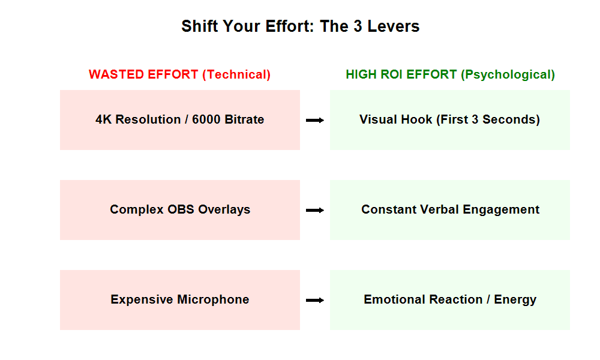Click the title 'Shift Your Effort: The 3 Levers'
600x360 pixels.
pyautogui.click(x=300, y=27)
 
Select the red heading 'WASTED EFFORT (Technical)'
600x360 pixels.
pyautogui.click(x=179, y=74)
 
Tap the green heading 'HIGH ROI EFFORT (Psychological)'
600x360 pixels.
pyautogui.click(x=450, y=74)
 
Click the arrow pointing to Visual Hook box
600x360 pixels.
pyautogui.click(x=315, y=121)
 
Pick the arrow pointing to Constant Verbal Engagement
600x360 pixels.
pyautogui.click(x=315, y=211)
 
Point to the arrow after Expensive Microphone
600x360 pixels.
pyautogui.click(x=315, y=301)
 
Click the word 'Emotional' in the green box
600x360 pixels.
pyautogui.click(x=392, y=299)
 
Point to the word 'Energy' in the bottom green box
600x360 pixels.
pyautogui.click(x=515, y=299)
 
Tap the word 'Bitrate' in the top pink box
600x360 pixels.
pyautogui.click(x=245, y=119)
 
